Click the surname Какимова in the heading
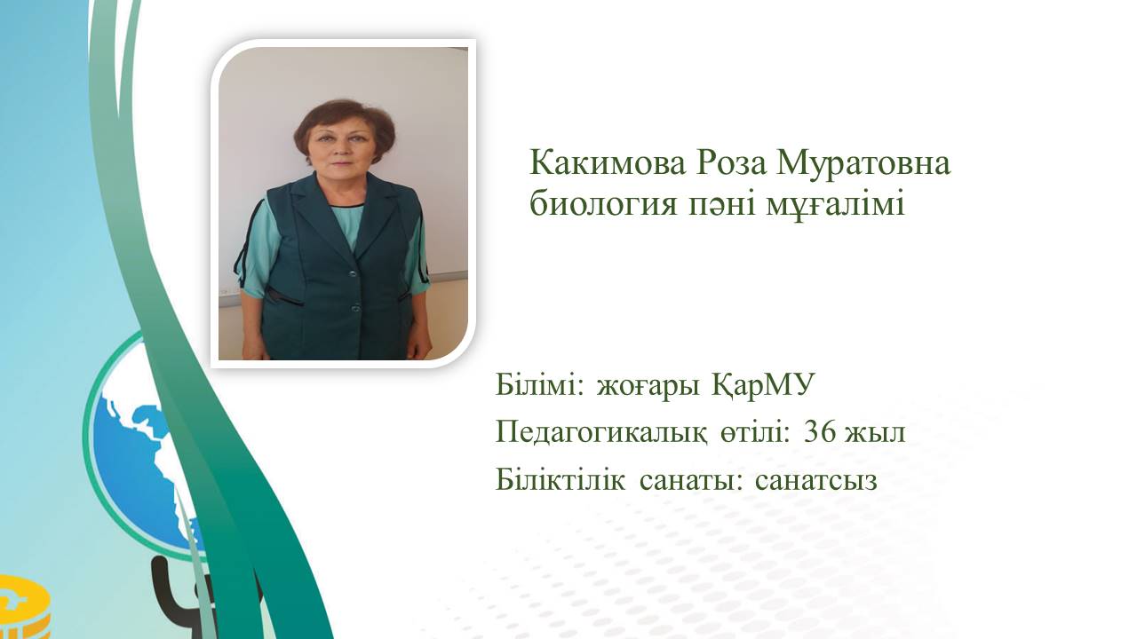[x=607, y=163]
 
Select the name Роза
[x=728, y=163]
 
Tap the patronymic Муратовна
[x=861, y=163]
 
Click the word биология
[x=602, y=204]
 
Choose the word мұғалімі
[x=834, y=206]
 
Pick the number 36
[x=820, y=432]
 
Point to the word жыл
[x=875, y=435]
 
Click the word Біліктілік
[x=561, y=479]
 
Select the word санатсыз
[x=816, y=482]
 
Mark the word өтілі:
[x=755, y=432]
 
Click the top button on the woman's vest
[x=353, y=273]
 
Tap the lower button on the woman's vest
[x=355, y=306]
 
